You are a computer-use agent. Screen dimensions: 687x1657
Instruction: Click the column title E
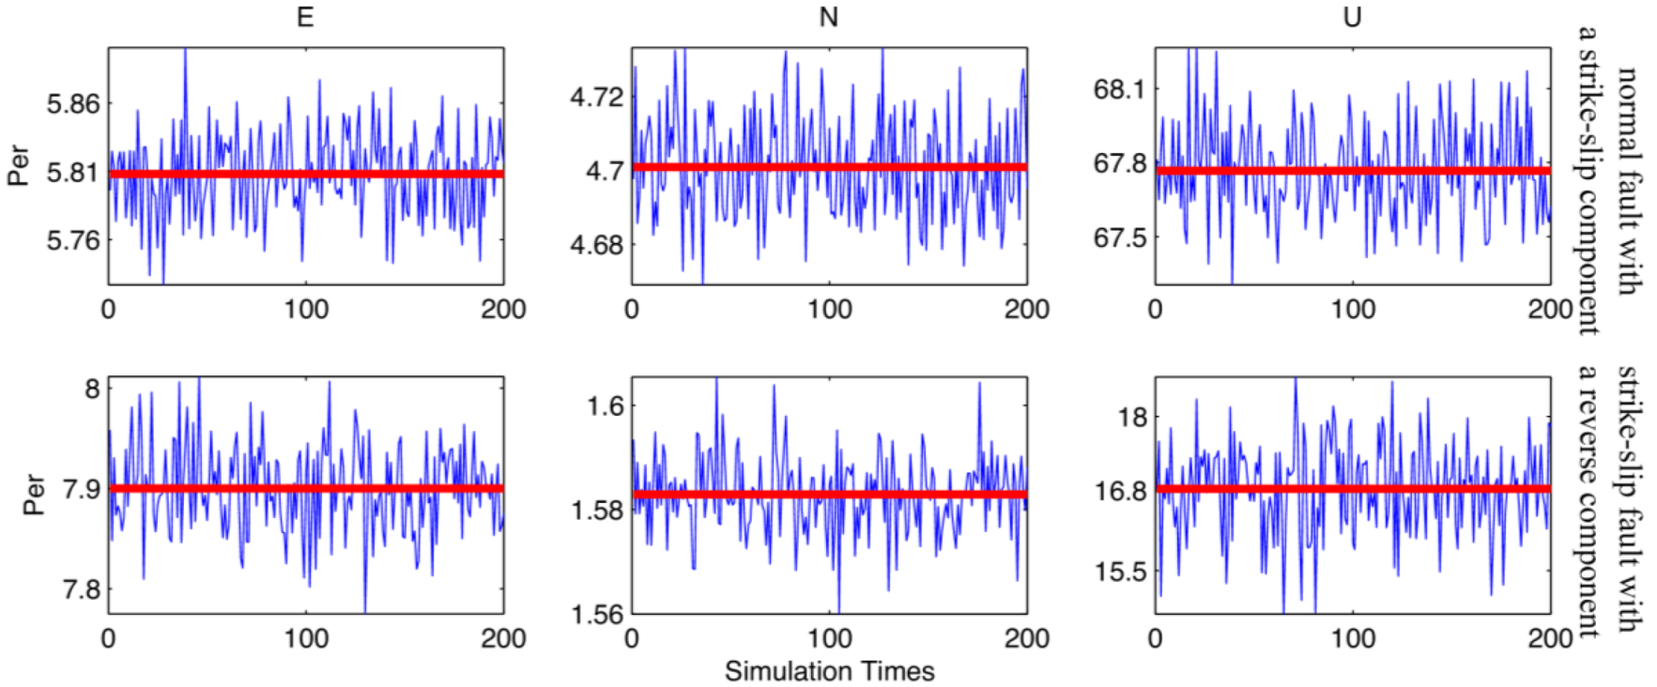[305, 18]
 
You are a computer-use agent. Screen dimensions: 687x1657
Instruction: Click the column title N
[828, 18]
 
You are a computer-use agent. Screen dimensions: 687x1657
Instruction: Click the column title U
[1352, 18]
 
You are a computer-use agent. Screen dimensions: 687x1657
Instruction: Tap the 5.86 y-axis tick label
[73, 103]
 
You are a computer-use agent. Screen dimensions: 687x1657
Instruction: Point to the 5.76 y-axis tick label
[73, 240]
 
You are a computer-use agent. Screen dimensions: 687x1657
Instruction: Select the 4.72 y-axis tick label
[597, 97]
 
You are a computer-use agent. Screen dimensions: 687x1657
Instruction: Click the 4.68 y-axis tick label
[597, 245]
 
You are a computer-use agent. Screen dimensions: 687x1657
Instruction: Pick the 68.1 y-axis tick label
[1120, 89]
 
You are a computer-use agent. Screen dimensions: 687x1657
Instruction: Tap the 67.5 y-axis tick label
[1120, 237]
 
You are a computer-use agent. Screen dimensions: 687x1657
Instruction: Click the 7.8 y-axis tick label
[81, 589]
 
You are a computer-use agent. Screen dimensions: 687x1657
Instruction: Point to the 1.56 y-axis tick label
[597, 615]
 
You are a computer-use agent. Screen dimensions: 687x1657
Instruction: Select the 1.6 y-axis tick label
[605, 405]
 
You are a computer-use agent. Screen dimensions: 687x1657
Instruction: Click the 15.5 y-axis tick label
[1120, 572]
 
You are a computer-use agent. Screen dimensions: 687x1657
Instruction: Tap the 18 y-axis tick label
[1132, 417]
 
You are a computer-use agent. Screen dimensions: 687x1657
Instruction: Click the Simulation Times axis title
[829, 671]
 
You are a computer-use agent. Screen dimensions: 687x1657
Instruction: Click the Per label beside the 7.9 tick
[34, 495]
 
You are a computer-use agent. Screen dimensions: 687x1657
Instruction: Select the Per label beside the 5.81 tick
[18, 165]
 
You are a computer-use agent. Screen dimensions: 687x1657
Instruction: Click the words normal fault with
[1629, 181]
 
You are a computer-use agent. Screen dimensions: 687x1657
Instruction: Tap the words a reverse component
[1588, 502]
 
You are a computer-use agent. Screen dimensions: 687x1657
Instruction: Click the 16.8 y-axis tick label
[1120, 491]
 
